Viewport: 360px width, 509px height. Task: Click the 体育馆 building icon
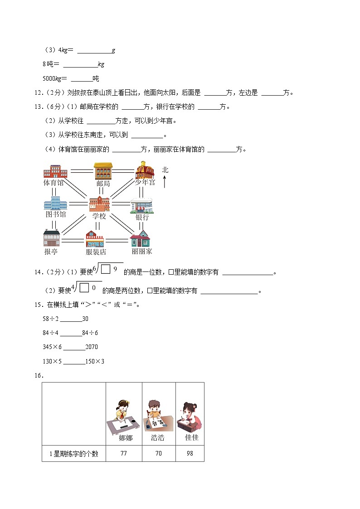pos(55,171)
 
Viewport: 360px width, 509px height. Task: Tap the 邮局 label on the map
pos(103,184)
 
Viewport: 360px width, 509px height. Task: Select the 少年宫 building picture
pos(145,170)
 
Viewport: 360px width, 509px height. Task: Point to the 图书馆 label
pos(56,214)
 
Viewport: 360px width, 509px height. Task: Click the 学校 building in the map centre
pos(99,204)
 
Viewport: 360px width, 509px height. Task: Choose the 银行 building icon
pos(142,205)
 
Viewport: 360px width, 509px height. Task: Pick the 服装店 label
pos(96,252)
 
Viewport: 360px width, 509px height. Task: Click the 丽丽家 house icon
pos(141,239)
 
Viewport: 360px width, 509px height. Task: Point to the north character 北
pos(165,170)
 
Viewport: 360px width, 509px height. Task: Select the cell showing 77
pos(123,453)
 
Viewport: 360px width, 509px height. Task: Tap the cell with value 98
pos(190,453)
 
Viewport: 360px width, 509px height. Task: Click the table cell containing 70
pos(158,453)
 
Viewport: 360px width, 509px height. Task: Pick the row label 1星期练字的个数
pos(73,453)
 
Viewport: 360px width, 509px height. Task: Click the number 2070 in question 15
pos(92,347)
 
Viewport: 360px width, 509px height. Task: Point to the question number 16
pos(38,375)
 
